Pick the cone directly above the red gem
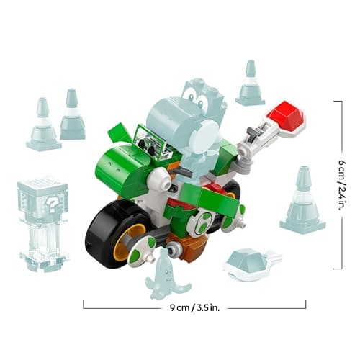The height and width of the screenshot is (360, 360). pyautogui.click(x=251, y=84)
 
